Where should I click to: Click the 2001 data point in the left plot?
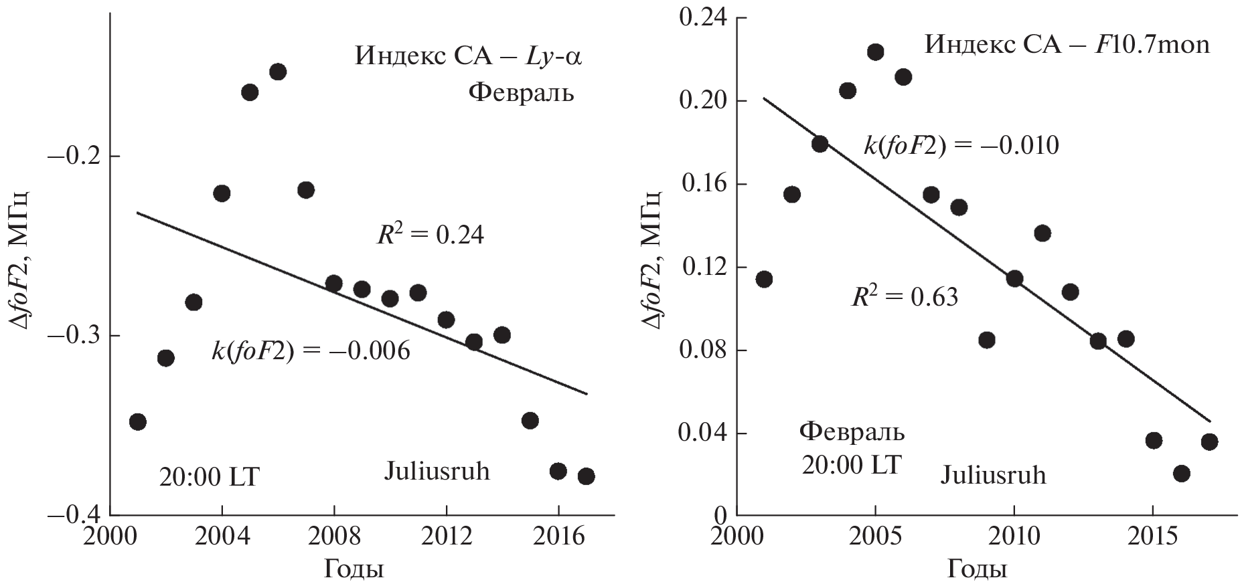[x=137, y=421]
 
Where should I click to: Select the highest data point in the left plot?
[x=278, y=72]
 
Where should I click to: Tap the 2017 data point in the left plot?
[x=587, y=476]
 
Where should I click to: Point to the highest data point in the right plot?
[x=875, y=52]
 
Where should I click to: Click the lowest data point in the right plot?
[x=1182, y=474]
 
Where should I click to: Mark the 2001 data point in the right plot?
[x=764, y=279]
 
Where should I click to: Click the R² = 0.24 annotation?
[x=430, y=235]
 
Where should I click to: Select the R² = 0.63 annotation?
[x=904, y=296]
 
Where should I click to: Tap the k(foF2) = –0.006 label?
[x=311, y=351]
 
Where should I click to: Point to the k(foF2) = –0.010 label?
[x=961, y=146]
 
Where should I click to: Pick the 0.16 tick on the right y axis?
[x=702, y=184]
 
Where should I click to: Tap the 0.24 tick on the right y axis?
[x=702, y=18]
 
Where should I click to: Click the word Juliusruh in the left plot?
[x=437, y=472]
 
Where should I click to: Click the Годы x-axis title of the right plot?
[x=977, y=570]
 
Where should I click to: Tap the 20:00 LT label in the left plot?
[x=208, y=478]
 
